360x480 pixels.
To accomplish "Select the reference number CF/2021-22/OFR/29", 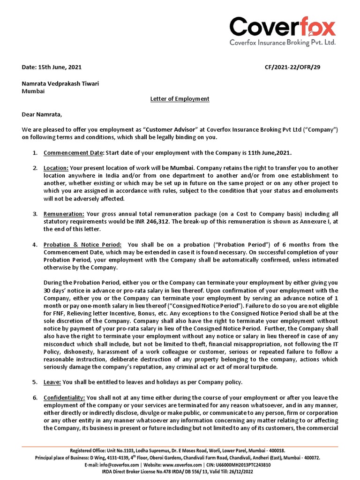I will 292,67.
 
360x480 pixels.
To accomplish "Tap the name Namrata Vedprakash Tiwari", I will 60,83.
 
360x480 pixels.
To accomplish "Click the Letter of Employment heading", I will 180,99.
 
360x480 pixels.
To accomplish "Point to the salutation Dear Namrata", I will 42,114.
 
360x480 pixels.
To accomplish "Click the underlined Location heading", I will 56,168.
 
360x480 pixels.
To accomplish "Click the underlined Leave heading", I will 52,382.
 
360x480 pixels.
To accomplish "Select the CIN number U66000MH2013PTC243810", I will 240,465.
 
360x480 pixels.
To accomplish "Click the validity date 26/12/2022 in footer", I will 244,472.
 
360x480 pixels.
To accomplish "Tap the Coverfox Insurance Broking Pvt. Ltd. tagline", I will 282,43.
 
